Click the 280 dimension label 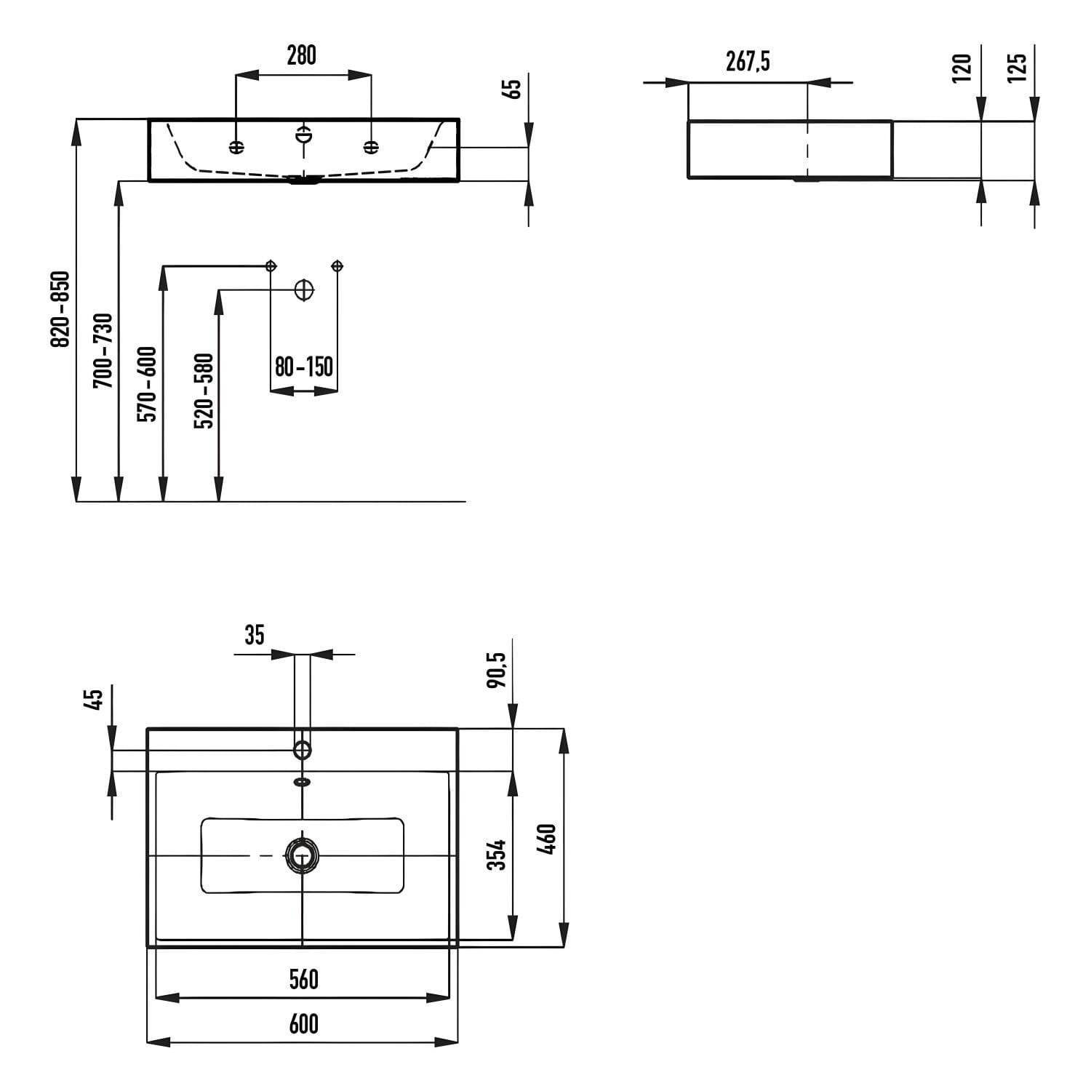click(301, 55)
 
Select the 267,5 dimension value click(748, 63)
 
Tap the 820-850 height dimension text click(60, 309)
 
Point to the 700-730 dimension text click(104, 350)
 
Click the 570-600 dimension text click(147, 384)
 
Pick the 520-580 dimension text click(204, 391)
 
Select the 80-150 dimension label click(304, 367)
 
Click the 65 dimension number click(513, 89)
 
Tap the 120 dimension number click(962, 68)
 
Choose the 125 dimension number click(1017, 68)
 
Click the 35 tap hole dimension click(254, 635)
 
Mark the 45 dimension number click(94, 699)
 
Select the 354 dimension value click(496, 855)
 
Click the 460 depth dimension click(548, 839)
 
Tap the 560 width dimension click(303, 980)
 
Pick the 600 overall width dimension click(303, 1024)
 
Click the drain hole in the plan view click(302, 855)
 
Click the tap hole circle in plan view click(302, 750)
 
